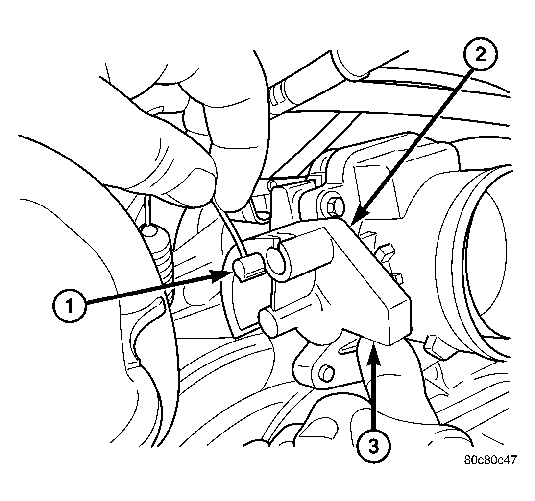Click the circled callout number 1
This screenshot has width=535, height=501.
pos(70,305)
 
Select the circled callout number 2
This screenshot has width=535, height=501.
pos(481,54)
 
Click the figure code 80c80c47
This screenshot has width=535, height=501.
pos(490,460)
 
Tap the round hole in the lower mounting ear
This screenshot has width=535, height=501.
pos(325,373)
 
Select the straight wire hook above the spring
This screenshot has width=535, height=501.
pos(148,209)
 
